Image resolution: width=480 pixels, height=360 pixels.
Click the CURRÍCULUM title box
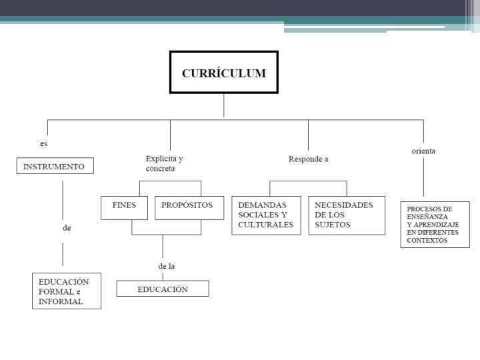224,72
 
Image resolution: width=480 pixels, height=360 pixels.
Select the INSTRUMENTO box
55,166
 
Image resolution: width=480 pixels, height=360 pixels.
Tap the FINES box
124,208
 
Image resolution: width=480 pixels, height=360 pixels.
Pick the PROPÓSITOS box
189,208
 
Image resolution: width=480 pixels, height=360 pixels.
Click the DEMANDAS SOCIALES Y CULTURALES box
266,215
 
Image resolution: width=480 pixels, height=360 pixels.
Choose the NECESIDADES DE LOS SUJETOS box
347,215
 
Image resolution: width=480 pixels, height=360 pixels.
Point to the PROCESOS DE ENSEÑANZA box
435,225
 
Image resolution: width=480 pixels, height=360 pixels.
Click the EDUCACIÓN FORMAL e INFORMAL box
67,291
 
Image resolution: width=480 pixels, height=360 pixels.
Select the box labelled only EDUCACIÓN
163,289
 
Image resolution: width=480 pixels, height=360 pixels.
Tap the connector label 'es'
44,143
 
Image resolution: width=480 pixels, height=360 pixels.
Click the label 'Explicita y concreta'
165,163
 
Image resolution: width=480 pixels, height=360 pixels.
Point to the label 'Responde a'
308,159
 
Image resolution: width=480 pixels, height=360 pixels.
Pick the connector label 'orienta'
423,151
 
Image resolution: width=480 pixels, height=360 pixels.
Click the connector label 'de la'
167,266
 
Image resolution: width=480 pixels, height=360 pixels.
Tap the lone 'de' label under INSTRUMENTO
67,228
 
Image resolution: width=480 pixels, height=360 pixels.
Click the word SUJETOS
333,225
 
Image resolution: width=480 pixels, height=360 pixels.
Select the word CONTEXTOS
427,240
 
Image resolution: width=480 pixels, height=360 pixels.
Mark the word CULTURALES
266,225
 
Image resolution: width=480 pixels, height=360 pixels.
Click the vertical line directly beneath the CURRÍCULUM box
224,105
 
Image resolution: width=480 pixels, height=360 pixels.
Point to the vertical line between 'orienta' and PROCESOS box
424,177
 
